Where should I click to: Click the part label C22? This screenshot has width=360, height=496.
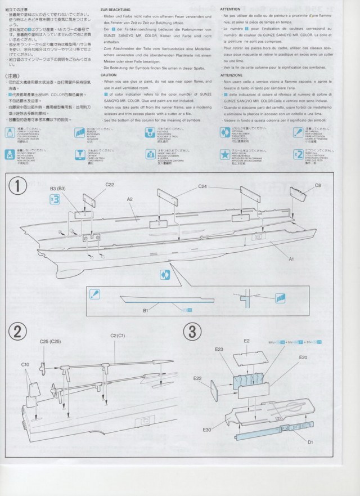[110, 185]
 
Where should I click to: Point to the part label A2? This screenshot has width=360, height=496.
[129, 199]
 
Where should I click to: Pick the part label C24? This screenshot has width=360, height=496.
[202, 186]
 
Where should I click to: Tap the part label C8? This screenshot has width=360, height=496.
[318, 185]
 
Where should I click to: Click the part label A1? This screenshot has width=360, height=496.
[291, 260]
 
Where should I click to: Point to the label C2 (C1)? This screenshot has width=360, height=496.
[118, 336]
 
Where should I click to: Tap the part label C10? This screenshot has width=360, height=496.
[25, 365]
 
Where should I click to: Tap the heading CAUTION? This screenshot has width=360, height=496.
[109, 75]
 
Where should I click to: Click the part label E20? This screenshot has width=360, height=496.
[303, 358]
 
